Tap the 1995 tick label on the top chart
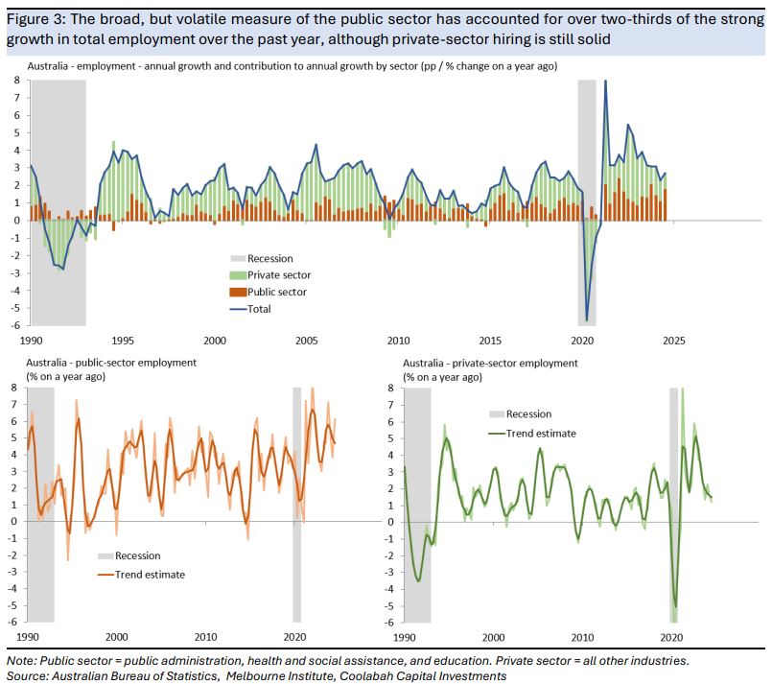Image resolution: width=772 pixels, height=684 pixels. [x=123, y=342]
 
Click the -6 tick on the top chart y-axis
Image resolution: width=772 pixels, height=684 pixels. [x=15, y=326]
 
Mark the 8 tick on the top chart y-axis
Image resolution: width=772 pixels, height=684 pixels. [x=15, y=81]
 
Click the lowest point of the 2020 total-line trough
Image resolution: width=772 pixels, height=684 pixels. [x=586, y=320]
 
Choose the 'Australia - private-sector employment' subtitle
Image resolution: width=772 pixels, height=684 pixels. [x=490, y=364]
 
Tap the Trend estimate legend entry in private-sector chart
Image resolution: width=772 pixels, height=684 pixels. [x=541, y=433]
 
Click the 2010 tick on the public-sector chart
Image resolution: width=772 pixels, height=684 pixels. [x=206, y=637]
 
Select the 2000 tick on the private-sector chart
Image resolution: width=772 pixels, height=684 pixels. [x=493, y=637]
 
